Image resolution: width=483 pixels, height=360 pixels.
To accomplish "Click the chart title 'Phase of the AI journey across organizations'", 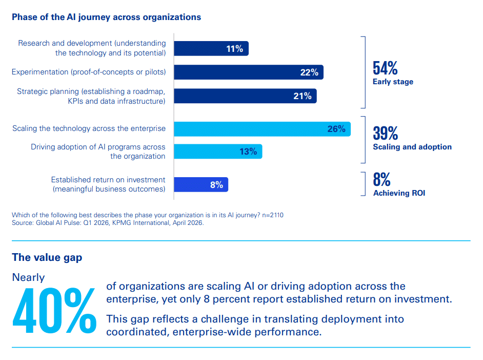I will click(106, 17).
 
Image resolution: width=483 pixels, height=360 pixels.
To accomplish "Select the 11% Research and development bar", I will click(211, 49).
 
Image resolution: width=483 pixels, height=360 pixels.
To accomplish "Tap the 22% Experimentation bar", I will click(249, 72).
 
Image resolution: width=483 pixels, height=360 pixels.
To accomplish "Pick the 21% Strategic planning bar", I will click(245, 96).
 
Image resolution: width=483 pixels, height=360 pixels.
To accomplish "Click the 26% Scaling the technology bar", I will click(262, 129).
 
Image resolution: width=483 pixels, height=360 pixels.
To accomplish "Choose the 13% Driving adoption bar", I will click(218, 151).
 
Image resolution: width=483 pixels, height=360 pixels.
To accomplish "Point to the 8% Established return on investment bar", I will click(201, 185).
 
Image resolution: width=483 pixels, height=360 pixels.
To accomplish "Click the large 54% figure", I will click(385, 68).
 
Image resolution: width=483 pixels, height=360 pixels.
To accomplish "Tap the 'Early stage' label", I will click(393, 82).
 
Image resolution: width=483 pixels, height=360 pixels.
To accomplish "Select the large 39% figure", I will click(385, 133).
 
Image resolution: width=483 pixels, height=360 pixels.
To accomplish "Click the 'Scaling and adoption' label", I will click(412, 147).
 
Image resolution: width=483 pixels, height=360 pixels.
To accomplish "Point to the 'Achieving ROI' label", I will click(399, 193).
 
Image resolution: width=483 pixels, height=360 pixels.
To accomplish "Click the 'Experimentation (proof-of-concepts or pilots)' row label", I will click(89, 72).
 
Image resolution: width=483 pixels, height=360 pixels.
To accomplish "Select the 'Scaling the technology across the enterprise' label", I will click(89, 128).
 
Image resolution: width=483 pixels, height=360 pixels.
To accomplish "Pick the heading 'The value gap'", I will click(47, 257).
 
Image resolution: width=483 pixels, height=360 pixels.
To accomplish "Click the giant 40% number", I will click(54, 310).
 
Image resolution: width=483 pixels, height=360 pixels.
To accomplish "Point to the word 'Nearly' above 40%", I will click(28, 277).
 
